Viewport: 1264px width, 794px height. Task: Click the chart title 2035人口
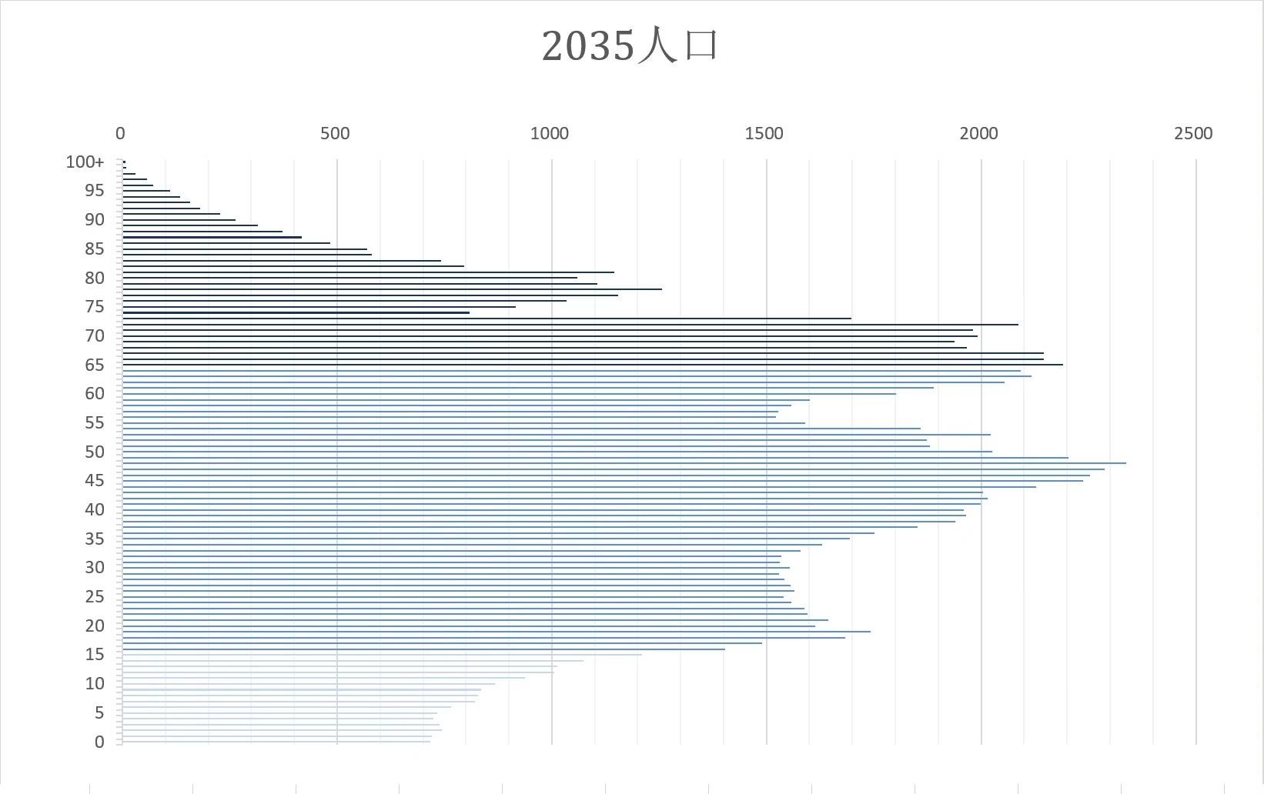click(x=630, y=45)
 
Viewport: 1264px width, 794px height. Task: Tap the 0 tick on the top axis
click(x=120, y=134)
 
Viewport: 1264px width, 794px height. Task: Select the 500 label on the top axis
click(x=335, y=134)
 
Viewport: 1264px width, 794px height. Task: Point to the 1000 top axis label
click(x=550, y=134)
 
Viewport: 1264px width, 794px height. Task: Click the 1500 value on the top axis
click(x=764, y=134)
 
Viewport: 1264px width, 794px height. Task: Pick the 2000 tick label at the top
click(x=978, y=134)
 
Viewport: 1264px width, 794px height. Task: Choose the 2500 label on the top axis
click(x=1193, y=134)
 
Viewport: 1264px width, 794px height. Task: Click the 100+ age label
click(x=85, y=162)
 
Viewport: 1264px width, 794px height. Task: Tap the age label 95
click(x=95, y=191)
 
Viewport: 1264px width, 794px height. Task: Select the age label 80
click(x=95, y=279)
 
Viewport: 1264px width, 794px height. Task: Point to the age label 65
click(x=95, y=365)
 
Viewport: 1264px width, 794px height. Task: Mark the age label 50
click(x=95, y=452)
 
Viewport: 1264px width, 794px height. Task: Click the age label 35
click(x=95, y=539)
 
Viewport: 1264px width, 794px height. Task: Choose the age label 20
click(x=95, y=626)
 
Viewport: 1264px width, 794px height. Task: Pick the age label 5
click(x=99, y=713)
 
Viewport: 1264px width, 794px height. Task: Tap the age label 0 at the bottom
click(x=99, y=742)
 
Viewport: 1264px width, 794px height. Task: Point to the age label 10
click(x=95, y=684)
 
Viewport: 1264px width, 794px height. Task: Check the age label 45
click(x=95, y=481)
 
